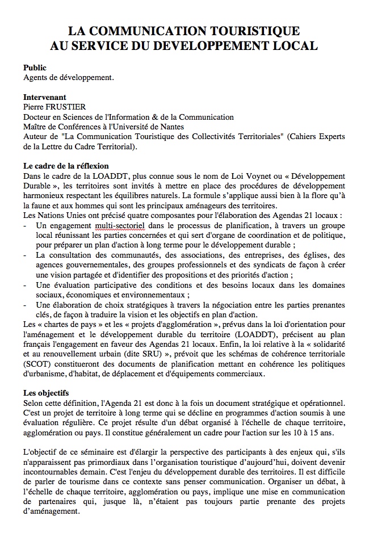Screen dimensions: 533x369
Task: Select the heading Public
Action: coord(35,68)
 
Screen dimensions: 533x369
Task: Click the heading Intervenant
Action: coord(45,97)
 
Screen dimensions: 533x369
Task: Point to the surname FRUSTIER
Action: coord(68,107)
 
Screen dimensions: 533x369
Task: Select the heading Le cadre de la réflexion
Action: coord(66,166)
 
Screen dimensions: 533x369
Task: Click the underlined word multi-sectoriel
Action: coord(120,225)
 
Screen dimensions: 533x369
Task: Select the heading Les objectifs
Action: coord(46,392)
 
